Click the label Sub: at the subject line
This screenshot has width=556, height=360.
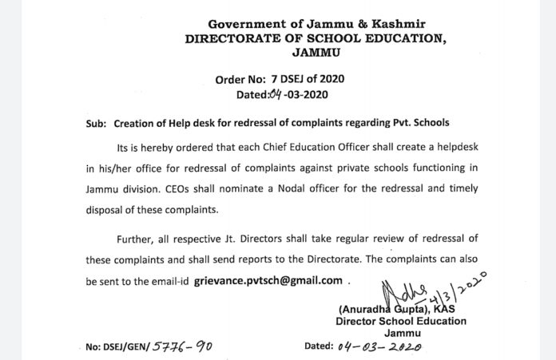click(97, 124)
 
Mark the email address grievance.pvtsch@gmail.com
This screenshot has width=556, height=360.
click(268, 280)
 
